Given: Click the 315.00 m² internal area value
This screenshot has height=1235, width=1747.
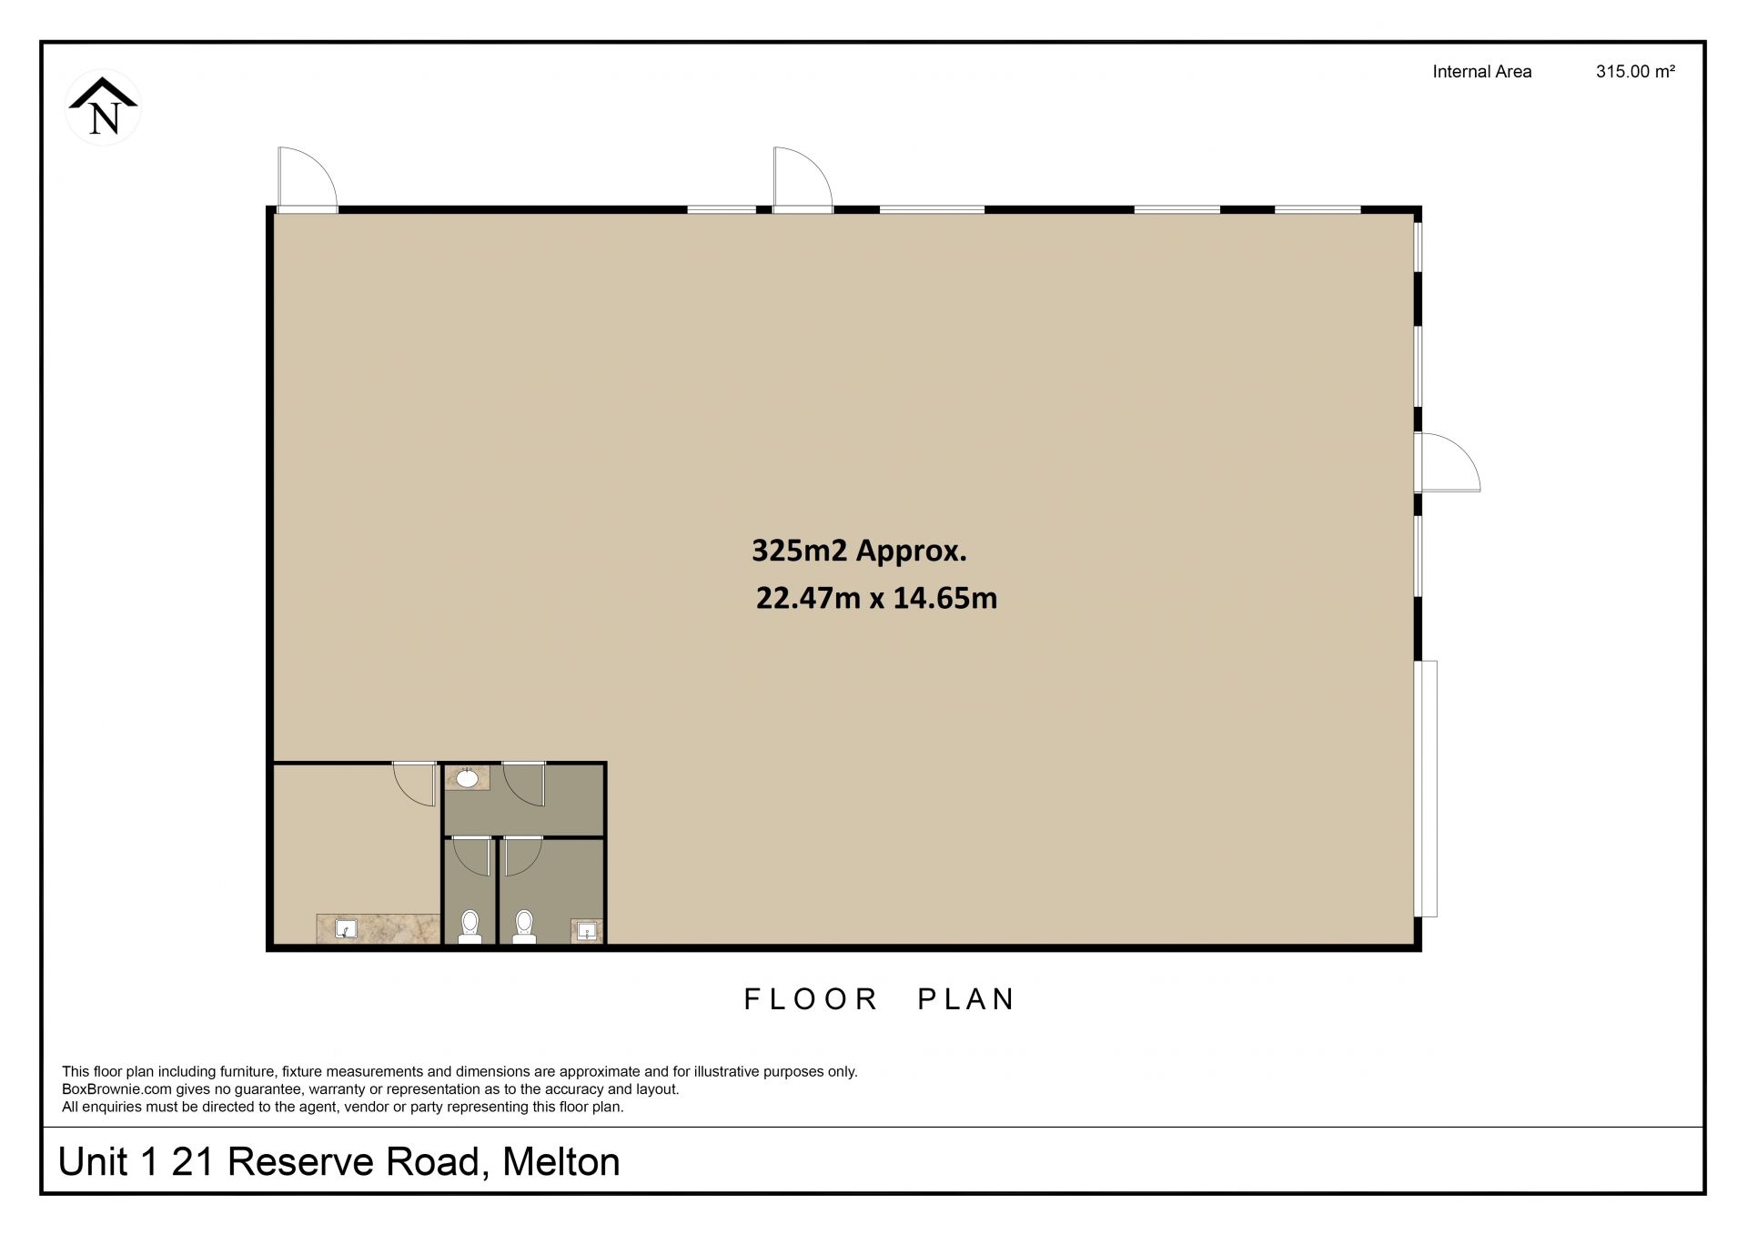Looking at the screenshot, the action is point(1635,71).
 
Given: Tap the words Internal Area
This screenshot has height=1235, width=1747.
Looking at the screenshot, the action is point(1481,71).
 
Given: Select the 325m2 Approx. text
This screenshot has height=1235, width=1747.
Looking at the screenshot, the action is point(858,551).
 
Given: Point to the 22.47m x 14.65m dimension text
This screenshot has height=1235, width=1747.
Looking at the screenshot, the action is point(876,598).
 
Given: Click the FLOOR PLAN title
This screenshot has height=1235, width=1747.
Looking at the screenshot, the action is point(878,999).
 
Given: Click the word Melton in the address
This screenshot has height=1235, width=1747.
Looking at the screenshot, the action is point(560,1162).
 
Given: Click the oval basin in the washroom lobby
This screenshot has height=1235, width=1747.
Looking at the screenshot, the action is point(467,778).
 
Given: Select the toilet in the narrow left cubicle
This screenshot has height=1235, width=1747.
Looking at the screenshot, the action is point(470,926).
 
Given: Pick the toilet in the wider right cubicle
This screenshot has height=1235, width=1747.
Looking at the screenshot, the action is point(524,926).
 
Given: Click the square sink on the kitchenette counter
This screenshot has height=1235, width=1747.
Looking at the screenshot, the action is point(346,929).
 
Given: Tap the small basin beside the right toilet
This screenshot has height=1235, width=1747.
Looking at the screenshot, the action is point(588,931).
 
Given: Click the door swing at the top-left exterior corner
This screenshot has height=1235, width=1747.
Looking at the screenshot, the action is point(308,178).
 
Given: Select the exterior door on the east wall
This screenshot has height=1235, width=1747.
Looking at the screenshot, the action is point(1447,462).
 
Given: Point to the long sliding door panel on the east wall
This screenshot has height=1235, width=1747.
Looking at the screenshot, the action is point(1427,788).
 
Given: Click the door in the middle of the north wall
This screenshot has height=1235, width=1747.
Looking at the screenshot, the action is point(803,178).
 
